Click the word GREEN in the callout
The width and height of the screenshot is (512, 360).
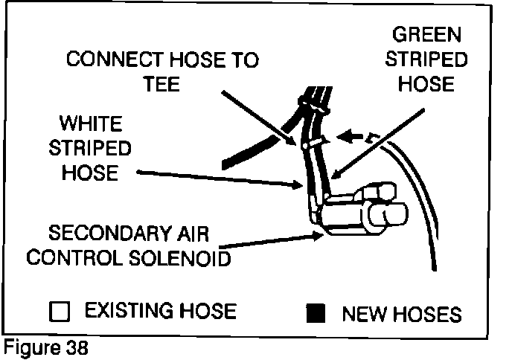point(426,36)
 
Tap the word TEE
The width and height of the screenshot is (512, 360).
point(162,83)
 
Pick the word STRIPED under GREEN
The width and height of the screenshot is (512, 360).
point(426,60)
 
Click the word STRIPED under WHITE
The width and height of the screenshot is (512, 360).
point(90,147)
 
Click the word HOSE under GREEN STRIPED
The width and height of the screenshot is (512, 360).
point(426,84)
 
